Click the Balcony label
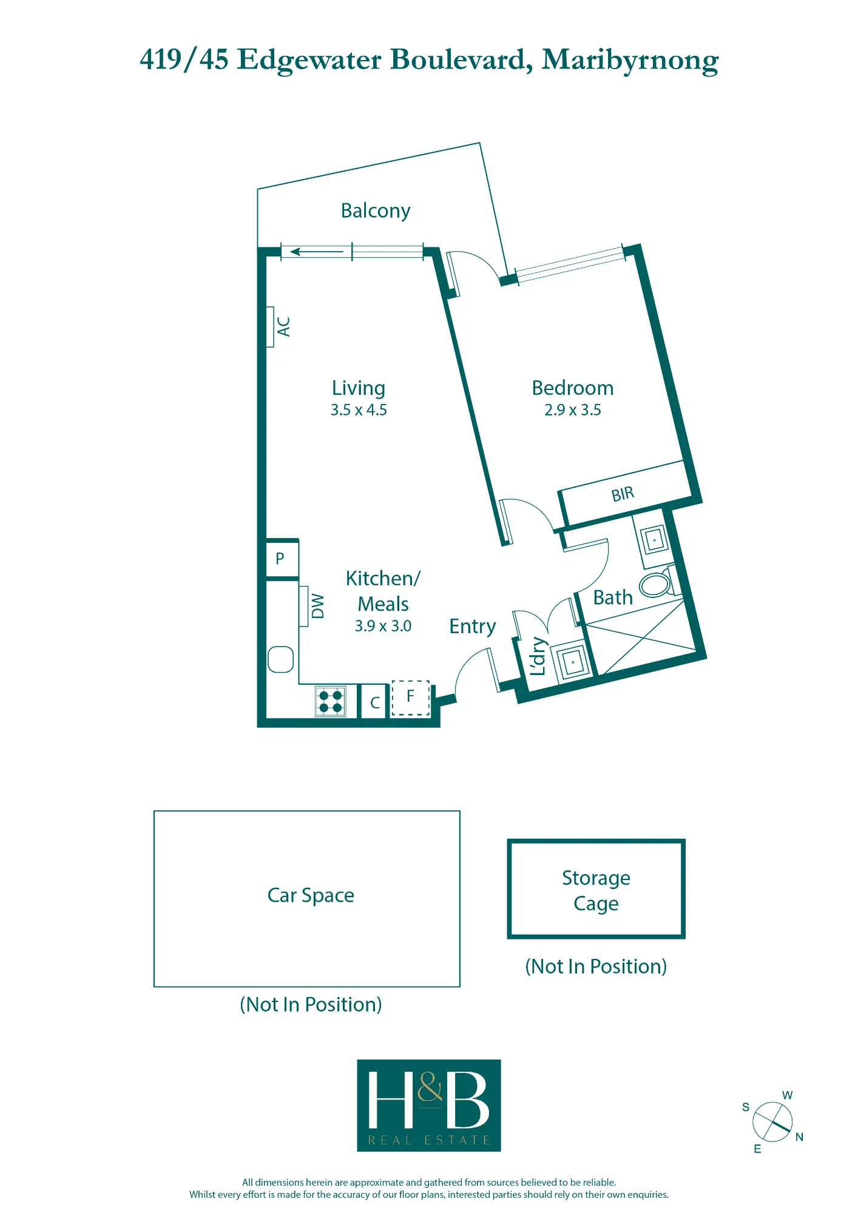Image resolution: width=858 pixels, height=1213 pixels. pyautogui.click(x=376, y=211)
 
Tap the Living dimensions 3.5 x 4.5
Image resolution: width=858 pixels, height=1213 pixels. pyautogui.click(x=359, y=410)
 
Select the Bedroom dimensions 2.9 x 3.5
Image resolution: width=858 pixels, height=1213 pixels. pyautogui.click(x=573, y=410)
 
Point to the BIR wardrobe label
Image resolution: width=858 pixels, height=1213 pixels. pyautogui.click(x=623, y=494)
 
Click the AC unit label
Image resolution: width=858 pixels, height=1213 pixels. pyautogui.click(x=283, y=326)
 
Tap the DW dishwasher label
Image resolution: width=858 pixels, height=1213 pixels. pyautogui.click(x=317, y=606)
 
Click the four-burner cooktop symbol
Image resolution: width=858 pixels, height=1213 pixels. pyautogui.click(x=331, y=701)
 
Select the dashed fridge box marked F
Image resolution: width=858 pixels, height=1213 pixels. pyautogui.click(x=411, y=697)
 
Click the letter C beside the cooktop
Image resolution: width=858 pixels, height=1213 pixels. pyautogui.click(x=375, y=703)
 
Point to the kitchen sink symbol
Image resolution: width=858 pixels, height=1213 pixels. pyautogui.click(x=280, y=659)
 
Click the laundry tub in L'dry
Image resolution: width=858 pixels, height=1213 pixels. pyautogui.click(x=572, y=662)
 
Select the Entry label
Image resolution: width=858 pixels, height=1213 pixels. pyautogui.click(x=473, y=627)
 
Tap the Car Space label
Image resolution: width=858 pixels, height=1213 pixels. pyautogui.click(x=311, y=895)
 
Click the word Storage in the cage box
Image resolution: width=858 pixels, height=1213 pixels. pyautogui.click(x=596, y=878)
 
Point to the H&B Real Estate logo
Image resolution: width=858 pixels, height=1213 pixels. pyautogui.click(x=429, y=1106)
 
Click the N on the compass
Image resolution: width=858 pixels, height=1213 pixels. pyautogui.click(x=799, y=1137)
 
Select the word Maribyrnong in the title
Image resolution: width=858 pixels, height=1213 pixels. pyautogui.click(x=630, y=61)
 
